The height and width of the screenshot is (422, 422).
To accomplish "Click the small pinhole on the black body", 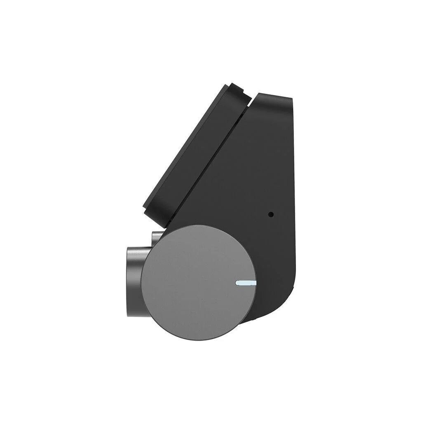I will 271,214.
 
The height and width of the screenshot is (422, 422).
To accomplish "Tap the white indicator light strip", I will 246,283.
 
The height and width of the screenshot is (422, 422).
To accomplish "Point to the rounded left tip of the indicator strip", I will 237,283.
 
